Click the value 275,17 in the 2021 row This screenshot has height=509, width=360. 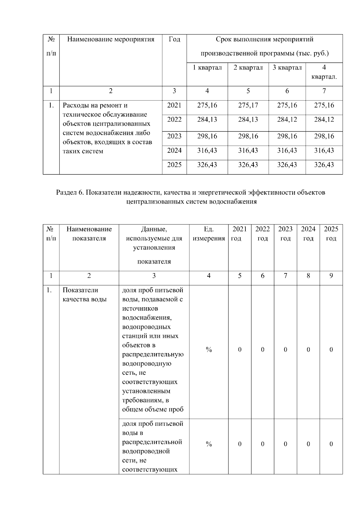click(x=248, y=106)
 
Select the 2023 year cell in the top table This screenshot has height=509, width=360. click(x=174, y=136)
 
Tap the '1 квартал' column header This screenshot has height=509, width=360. click(x=207, y=68)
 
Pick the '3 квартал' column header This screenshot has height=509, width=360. click(x=287, y=68)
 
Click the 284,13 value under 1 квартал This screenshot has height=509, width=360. click(x=207, y=120)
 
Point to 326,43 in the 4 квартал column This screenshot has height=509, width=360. click(x=324, y=165)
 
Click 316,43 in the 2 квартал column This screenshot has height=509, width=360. click(x=248, y=150)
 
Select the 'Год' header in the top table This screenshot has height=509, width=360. click(x=174, y=40)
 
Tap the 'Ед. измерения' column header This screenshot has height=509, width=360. click(x=209, y=234)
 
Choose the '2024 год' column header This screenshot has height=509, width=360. click(x=308, y=234)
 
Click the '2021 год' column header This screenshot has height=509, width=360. click(x=239, y=234)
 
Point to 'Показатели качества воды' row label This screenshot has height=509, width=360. click(x=85, y=295)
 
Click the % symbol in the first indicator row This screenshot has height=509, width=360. click(x=209, y=350)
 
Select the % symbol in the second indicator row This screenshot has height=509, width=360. click(x=209, y=444)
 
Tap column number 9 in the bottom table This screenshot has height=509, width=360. click(x=331, y=276)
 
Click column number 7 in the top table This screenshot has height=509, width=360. click(x=324, y=91)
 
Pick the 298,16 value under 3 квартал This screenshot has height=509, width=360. click(x=287, y=136)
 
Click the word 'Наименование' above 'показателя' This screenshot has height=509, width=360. click(x=89, y=229)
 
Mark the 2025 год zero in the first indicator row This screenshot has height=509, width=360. click(x=331, y=350)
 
